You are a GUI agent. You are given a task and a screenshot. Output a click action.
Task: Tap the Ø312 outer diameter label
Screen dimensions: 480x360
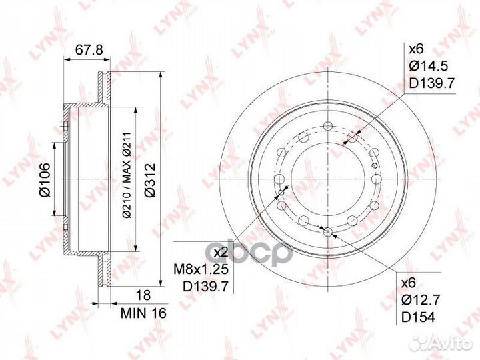pos(150,180)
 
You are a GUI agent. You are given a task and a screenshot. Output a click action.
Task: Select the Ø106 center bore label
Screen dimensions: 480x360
pos(45,180)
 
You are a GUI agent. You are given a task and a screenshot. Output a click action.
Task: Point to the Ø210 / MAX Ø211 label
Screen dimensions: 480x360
pos(127,175)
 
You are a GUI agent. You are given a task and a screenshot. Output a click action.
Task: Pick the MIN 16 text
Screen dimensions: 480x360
pos(143,313)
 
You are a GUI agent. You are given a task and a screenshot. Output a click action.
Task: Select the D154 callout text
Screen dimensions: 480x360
pos(418,318)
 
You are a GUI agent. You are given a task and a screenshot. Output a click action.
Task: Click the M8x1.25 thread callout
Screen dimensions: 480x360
pos(201,269)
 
